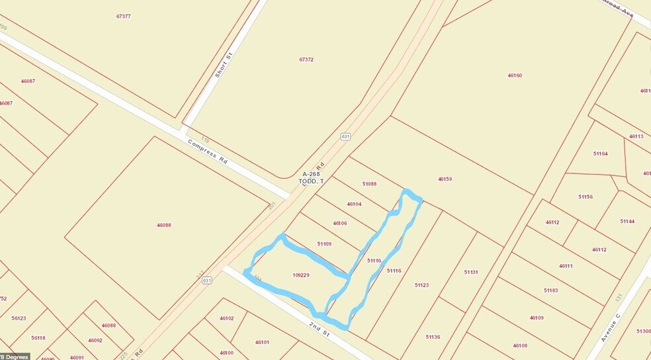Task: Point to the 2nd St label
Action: [320, 328]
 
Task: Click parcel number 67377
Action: [122, 16]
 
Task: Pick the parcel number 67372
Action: [306, 60]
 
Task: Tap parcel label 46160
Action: [515, 75]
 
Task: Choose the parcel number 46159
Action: [445, 179]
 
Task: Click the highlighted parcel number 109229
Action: [300, 275]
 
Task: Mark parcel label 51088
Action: [369, 184]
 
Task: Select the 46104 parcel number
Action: [354, 204]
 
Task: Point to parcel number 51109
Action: [324, 244]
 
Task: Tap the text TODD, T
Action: [311, 181]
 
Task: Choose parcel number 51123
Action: [421, 285]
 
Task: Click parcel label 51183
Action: [550, 291]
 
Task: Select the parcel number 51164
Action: [600, 154]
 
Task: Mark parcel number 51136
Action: [433, 337]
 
